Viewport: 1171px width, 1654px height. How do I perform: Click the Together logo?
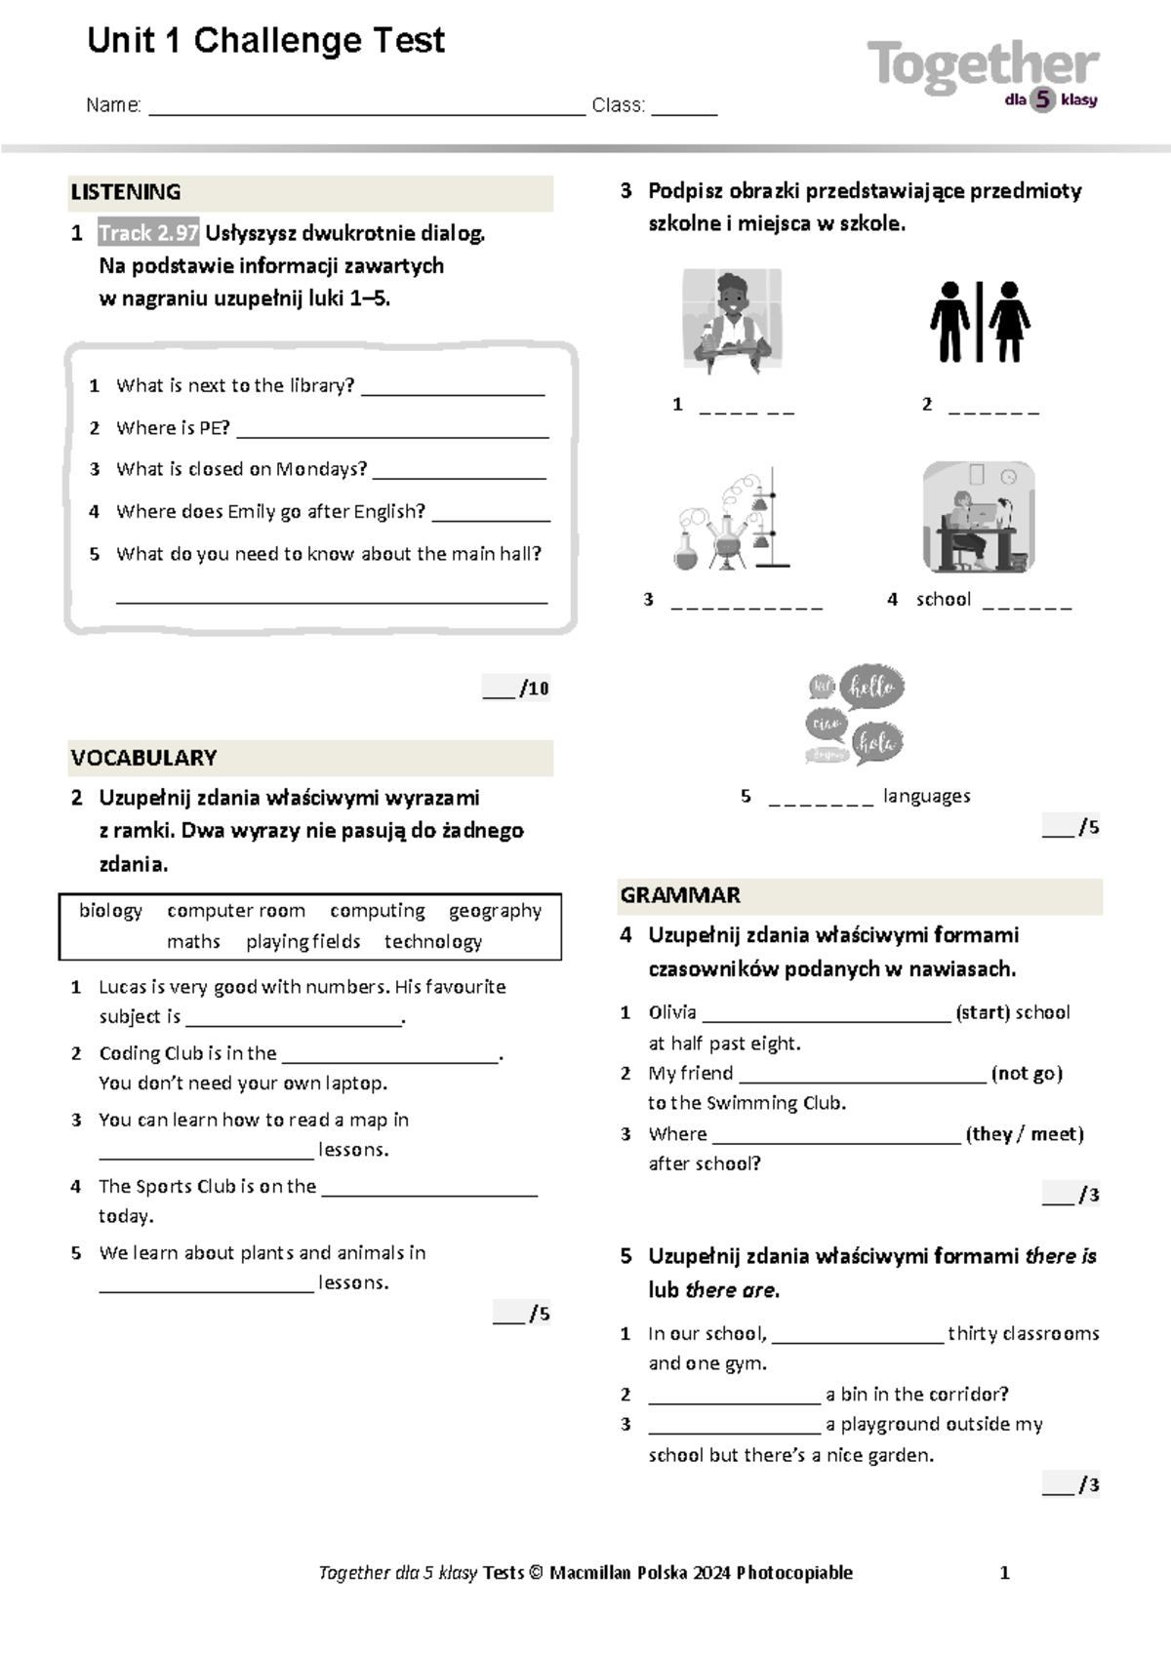982,70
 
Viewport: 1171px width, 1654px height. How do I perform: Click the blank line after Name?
366,107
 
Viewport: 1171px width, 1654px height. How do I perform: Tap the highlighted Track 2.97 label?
148,233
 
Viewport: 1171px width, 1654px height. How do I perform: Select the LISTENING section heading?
126,192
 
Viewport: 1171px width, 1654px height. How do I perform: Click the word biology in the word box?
110,911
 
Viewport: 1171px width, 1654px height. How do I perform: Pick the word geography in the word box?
495,911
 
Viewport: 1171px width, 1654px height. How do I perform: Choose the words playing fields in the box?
303,942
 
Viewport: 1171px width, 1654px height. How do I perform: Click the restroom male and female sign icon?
979,323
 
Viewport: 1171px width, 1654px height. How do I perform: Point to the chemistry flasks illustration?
731,520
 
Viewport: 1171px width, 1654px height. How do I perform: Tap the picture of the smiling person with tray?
732,322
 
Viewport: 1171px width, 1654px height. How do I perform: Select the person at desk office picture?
978,517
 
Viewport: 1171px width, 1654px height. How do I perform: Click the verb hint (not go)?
1027,1074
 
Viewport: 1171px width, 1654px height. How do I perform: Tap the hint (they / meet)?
1025,1134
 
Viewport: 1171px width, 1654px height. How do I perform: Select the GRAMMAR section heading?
680,895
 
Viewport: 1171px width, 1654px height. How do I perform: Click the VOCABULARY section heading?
143,758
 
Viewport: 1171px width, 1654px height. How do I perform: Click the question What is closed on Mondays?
241,469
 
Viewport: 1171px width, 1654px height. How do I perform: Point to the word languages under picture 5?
926,796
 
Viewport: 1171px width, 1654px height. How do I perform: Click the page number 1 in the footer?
1005,1572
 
